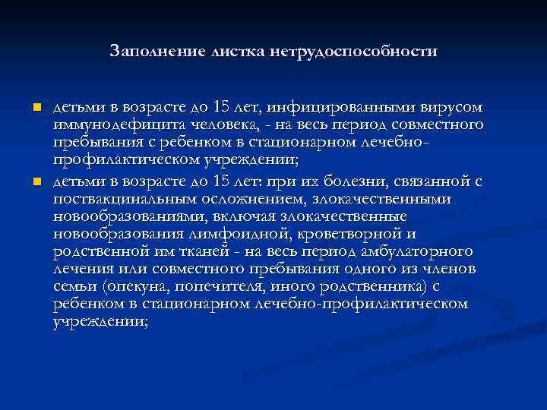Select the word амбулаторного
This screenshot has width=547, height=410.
(413, 251)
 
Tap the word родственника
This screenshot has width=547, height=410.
(360, 287)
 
